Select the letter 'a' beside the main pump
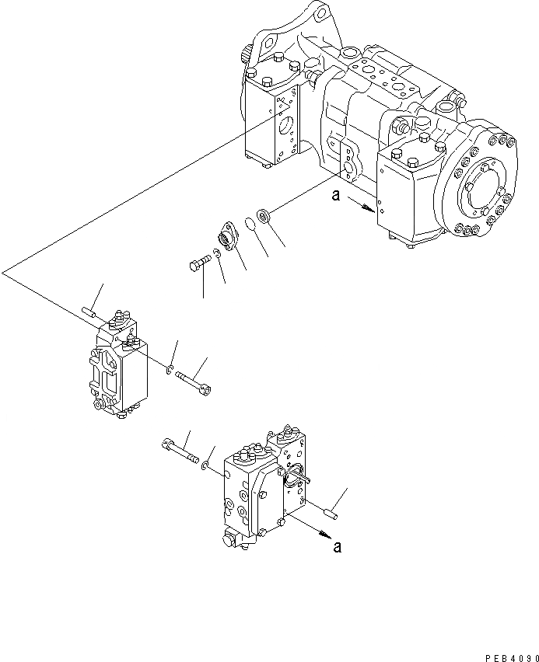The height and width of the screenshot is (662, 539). (335, 197)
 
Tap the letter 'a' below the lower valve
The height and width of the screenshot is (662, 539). (337, 546)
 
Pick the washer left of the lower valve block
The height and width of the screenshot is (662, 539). (205, 465)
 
